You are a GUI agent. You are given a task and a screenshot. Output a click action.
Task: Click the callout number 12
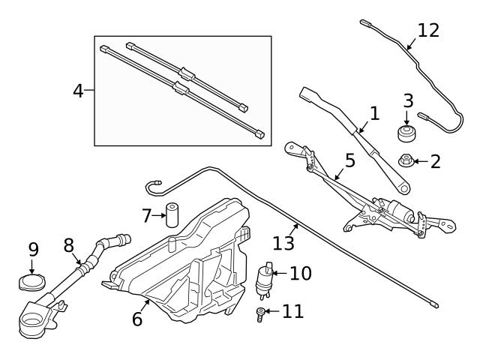click(x=428, y=31)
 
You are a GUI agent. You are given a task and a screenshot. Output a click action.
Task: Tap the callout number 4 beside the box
click(x=78, y=91)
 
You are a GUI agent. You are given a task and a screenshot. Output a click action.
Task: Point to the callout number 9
click(x=33, y=248)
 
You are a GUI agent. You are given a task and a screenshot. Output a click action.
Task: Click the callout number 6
click(x=137, y=319)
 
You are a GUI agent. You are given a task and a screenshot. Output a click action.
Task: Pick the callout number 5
click(x=349, y=160)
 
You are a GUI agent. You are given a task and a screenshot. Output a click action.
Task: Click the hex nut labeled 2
click(x=404, y=160)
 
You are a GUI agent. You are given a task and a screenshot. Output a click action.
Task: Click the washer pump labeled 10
click(x=265, y=279)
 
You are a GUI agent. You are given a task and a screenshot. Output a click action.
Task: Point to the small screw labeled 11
click(x=260, y=313)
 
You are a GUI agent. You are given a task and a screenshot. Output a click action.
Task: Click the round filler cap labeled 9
click(x=32, y=283)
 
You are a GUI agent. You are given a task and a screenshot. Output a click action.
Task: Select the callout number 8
click(x=68, y=245)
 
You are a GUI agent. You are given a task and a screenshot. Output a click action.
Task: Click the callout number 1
click(x=374, y=113)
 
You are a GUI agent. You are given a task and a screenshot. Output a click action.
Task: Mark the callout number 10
click(x=300, y=273)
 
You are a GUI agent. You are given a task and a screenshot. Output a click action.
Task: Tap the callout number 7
click(x=147, y=216)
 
